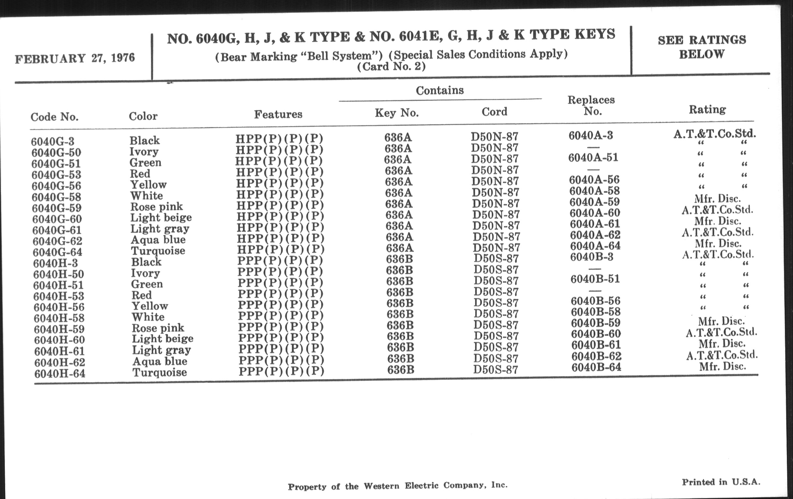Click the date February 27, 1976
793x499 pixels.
pyautogui.click(x=75, y=58)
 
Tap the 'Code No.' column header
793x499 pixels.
pyautogui.click(x=54, y=117)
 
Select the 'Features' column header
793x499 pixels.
pyautogui.click(x=278, y=114)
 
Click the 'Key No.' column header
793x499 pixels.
pyautogui.click(x=396, y=113)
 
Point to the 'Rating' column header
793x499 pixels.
pyautogui.click(x=707, y=109)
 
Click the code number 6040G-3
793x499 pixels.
pyautogui.click(x=53, y=141)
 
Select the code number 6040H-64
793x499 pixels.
pyautogui.click(x=60, y=373)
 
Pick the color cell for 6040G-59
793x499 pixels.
pyautogui.click(x=157, y=206)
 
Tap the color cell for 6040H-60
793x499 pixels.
pyautogui.click(x=162, y=339)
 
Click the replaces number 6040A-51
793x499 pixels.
pyautogui.click(x=593, y=158)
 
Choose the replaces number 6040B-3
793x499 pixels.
pyautogui.click(x=591, y=257)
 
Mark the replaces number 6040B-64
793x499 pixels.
pyautogui.click(x=596, y=367)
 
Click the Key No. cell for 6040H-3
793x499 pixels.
pyautogui.click(x=399, y=259)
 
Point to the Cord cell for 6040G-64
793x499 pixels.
pyautogui.click(x=496, y=247)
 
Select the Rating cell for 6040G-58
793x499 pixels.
pyautogui.click(x=718, y=199)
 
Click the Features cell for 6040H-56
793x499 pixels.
pyautogui.click(x=280, y=304)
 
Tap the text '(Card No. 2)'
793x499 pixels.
pyautogui.click(x=391, y=67)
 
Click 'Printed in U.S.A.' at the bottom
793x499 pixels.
pyautogui.click(x=721, y=482)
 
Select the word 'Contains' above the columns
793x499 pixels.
pyautogui.click(x=440, y=90)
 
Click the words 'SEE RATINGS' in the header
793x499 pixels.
pyautogui.click(x=702, y=40)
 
